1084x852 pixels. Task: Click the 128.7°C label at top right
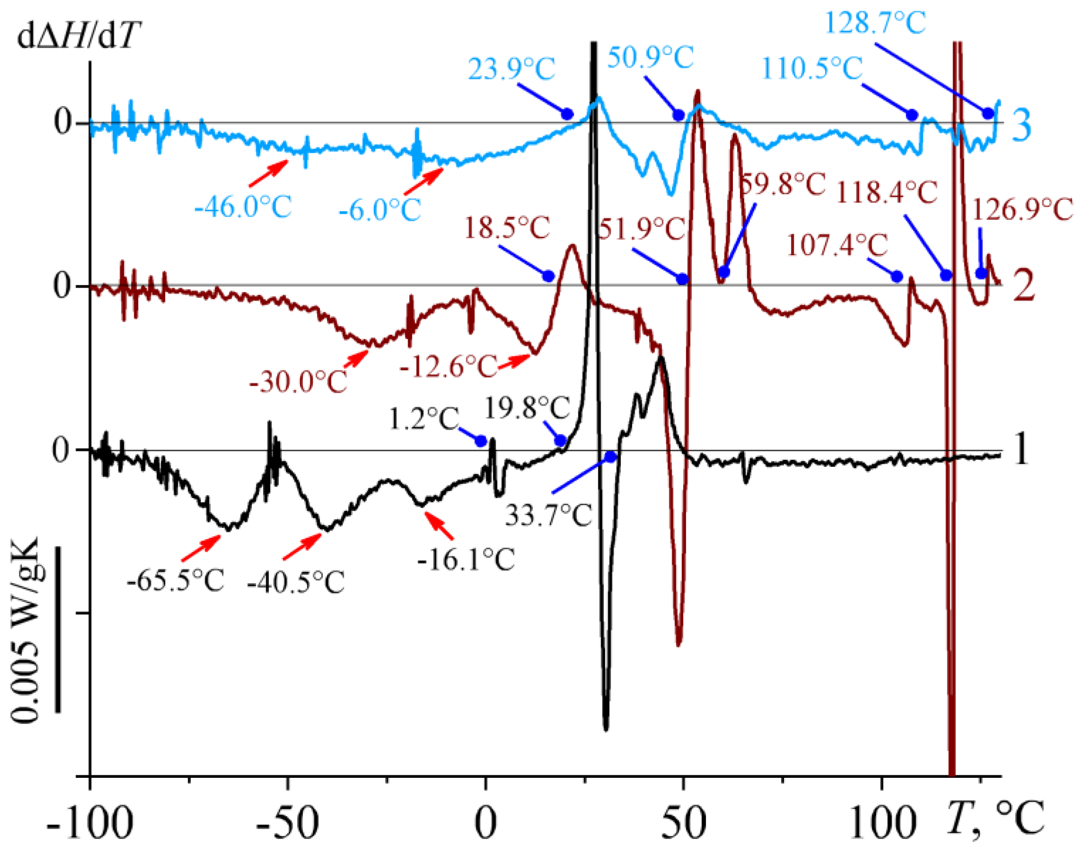[876, 23]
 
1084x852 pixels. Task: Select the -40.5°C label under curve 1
[296, 582]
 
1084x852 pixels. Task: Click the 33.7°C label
[548, 515]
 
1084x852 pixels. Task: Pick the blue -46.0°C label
[243, 207]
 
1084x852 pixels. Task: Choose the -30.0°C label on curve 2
[298, 382]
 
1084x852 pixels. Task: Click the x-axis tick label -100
[90, 823]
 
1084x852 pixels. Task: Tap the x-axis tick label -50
[287, 823]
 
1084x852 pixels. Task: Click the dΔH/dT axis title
[78, 37]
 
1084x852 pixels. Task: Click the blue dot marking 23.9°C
[567, 114]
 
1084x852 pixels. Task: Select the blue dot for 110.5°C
[912, 115]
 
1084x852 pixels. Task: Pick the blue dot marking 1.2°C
[481, 441]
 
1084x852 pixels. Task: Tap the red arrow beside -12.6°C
[514, 362]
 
